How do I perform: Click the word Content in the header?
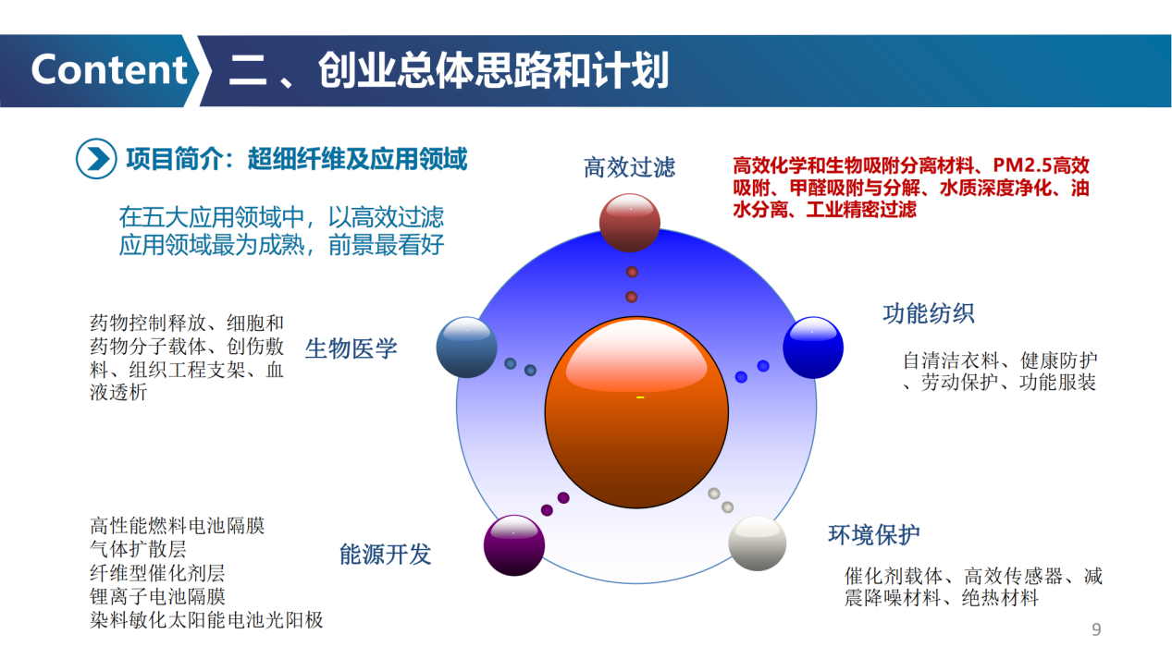(x=109, y=69)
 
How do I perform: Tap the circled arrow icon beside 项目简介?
(x=96, y=159)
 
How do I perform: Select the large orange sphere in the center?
(x=636, y=412)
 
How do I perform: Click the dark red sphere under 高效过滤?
(x=629, y=223)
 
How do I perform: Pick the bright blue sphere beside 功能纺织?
(x=813, y=348)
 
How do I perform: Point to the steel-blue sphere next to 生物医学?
(x=467, y=348)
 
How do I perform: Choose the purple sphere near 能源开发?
(x=513, y=545)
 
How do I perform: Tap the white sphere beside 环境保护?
(x=757, y=543)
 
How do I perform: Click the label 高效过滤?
(x=629, y=168)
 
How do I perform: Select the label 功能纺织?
(x=928, y=313)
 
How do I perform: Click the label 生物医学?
(x=352, y=348)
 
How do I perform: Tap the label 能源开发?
(x=385, y=554)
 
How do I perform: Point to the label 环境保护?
(x=874, y=534)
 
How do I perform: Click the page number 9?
(x=1097, y=629)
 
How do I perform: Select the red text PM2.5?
(x=1022, y=165)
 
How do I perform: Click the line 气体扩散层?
(x=138, y=549)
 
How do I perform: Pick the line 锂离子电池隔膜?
(x=157, y=596)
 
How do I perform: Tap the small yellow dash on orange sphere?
(x=640, y=397)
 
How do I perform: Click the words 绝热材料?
(x=1000, y=597)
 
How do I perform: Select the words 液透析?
(x=118, y=392)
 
